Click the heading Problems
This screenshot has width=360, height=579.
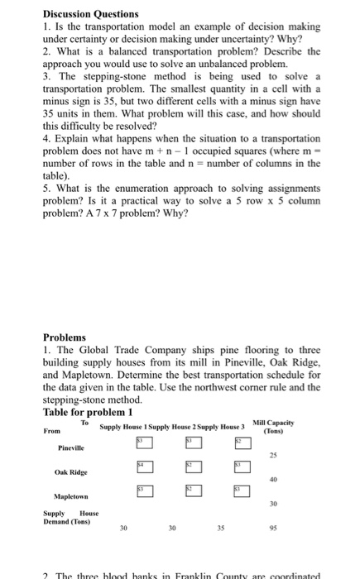(65, 338)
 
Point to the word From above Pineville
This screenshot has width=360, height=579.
(51, 430)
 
